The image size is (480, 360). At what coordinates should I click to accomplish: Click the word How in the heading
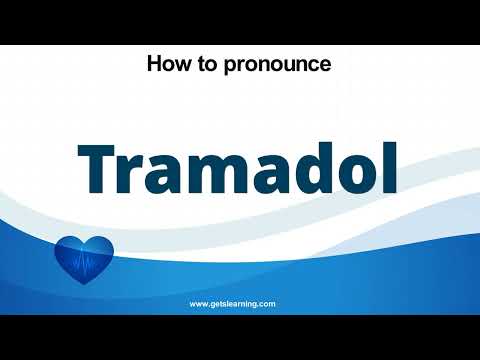(x=166, y=65)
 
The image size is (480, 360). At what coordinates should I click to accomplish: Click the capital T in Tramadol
(x=97, y=167)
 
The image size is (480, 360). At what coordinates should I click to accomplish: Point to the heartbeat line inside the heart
(x=84, y=262)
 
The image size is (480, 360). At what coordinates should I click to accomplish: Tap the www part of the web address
(x=199, y=303)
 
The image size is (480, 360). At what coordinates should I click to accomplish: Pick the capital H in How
(x=154, y=65)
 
